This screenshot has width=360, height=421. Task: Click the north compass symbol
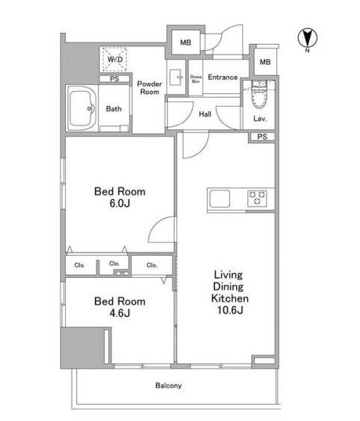(307, 38)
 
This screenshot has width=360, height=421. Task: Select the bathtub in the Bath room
(81, 108)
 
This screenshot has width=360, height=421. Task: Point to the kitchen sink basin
(220, 199)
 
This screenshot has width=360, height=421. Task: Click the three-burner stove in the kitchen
(257, 199)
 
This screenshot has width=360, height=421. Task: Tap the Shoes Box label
(196, 79)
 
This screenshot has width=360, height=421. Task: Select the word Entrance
(223, 78)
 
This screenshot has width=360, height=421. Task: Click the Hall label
(205, 114)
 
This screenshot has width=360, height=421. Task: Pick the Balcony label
(169, 386)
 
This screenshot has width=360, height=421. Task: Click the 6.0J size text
(120, 203)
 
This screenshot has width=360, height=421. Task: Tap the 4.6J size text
(120, 313)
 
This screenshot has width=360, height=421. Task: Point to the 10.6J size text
(230, 310)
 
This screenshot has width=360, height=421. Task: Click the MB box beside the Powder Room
(186, 43)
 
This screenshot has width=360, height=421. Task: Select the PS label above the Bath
(115, 79)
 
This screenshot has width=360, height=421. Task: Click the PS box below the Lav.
(262, 137)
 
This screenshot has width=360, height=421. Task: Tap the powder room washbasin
(176, 78)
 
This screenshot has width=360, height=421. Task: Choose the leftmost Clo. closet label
(79, 265)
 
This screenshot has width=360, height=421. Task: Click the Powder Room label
(149, 88)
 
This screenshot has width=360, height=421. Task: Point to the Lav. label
(260, 119)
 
